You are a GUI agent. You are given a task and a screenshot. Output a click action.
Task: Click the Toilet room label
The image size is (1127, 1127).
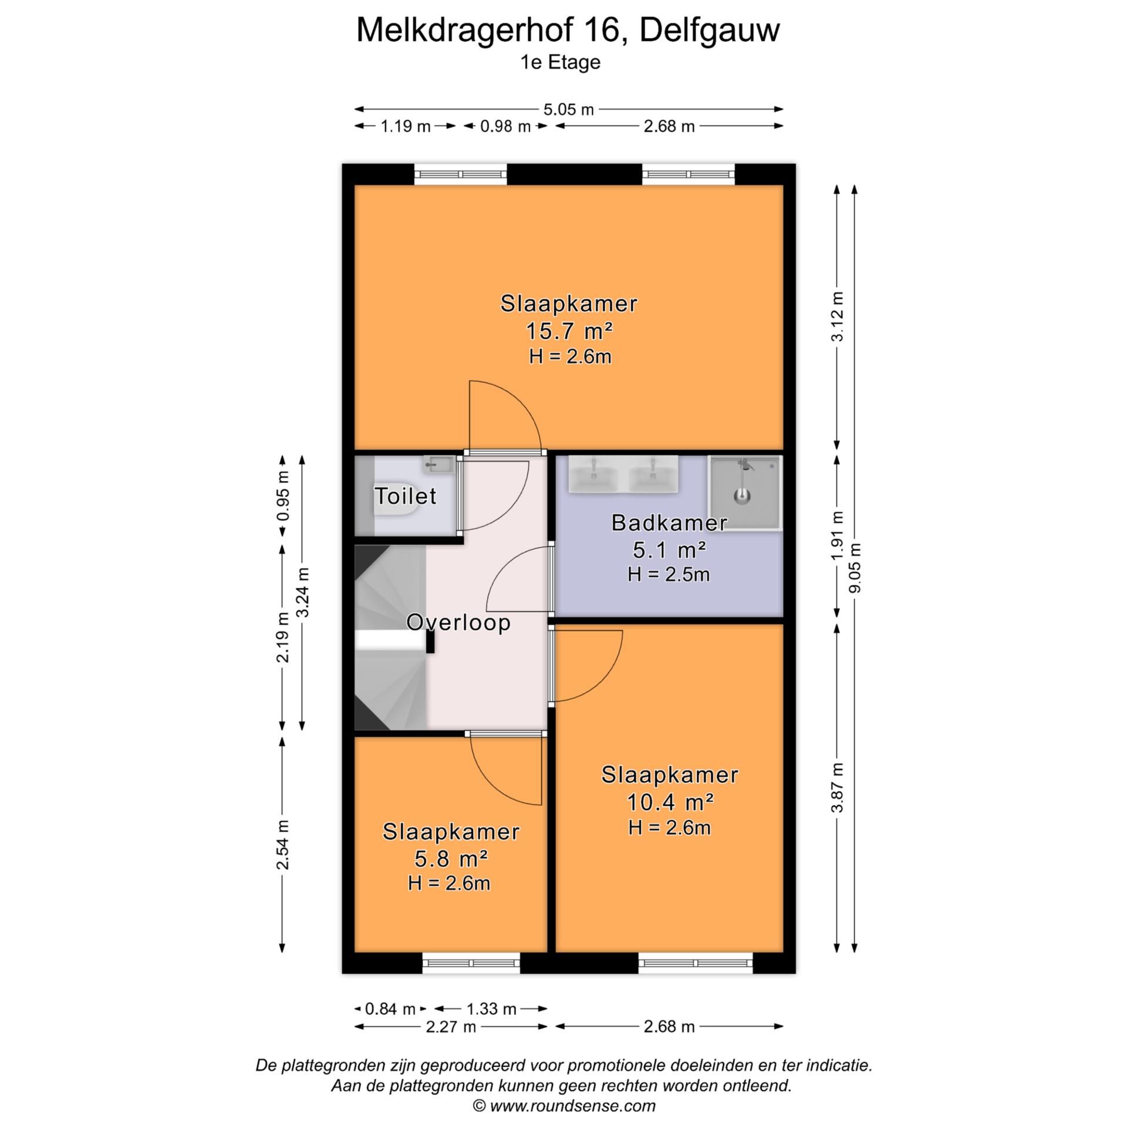[405, 497]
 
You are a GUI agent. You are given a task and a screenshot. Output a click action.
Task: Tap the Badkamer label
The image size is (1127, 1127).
[669, 523]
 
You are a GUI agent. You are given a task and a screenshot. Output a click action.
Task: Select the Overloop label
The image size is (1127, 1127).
[458, 622]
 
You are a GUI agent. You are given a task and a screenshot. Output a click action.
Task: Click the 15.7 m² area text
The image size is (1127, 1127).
[569, 332]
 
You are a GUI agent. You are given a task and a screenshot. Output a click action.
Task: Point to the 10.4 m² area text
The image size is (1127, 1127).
[670, 801]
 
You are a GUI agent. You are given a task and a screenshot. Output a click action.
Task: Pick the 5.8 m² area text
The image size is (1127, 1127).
[451, 859]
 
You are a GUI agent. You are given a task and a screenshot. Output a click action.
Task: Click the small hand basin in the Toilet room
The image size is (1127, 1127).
[437, 465]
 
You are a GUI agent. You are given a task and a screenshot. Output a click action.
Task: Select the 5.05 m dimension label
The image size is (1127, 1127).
[568, 110]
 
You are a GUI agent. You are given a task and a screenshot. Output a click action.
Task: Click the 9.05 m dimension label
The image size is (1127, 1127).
[855, 567]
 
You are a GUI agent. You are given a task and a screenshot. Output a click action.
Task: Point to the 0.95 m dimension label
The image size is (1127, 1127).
[283, 496]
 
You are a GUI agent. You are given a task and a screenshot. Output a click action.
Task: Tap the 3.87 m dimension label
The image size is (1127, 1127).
[838, 787]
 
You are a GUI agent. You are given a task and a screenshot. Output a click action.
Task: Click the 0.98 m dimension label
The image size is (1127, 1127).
[505, 126]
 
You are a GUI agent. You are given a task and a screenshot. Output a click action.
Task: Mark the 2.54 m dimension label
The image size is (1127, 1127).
[283, 845]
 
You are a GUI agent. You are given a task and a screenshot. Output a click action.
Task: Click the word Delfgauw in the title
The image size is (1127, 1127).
[709, 31]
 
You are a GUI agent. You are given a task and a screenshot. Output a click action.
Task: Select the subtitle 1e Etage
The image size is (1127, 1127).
[561, 62]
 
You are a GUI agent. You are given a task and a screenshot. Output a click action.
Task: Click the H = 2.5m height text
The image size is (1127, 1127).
[669, 574]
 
